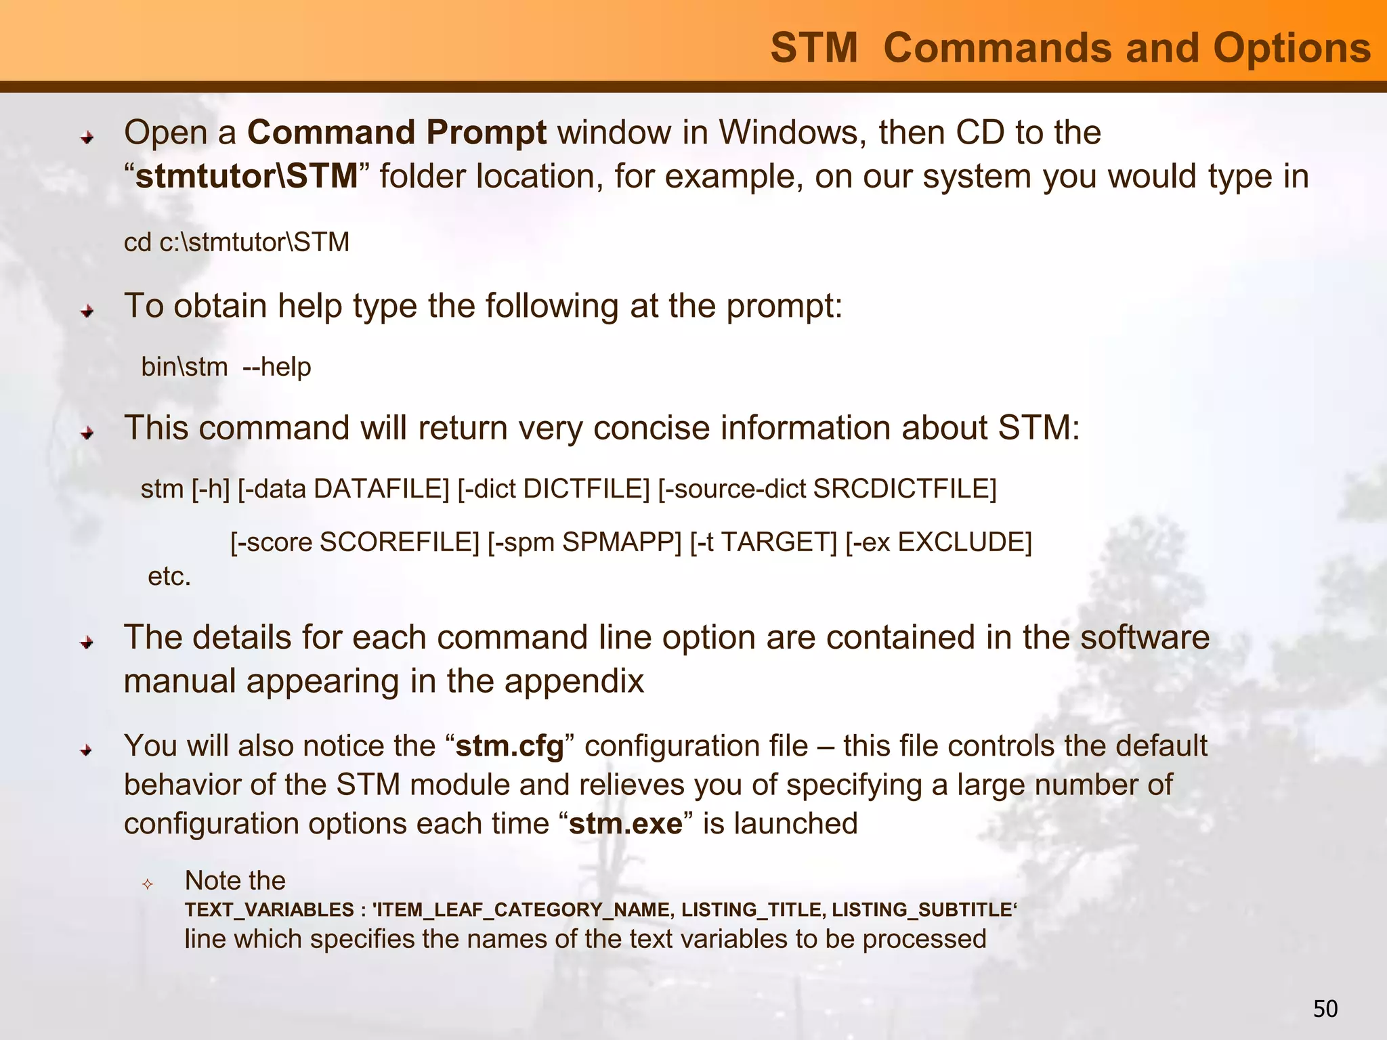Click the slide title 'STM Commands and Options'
coord(1070,49)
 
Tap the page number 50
coord(1325,1009)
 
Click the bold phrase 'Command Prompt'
coord(397,133)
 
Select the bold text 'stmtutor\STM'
coord(247,177)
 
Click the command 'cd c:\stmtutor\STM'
coord(236,242)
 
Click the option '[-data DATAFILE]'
coord(343,489)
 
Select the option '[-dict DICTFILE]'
coord(553,489)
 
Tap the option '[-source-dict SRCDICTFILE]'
coord(827,489)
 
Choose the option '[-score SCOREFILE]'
coord(355,542)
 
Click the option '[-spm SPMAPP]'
coord(584,542)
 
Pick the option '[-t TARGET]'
coord(763,542)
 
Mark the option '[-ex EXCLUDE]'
coord(938,542)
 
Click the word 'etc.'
coord(169,577)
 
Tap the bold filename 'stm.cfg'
coord(510,746)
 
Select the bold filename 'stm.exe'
coord(626,824)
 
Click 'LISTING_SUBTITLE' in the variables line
coord(922,909)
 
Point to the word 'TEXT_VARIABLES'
coord(270,909)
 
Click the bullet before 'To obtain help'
coord(87,311)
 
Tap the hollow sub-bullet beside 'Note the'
coord(148,884)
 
